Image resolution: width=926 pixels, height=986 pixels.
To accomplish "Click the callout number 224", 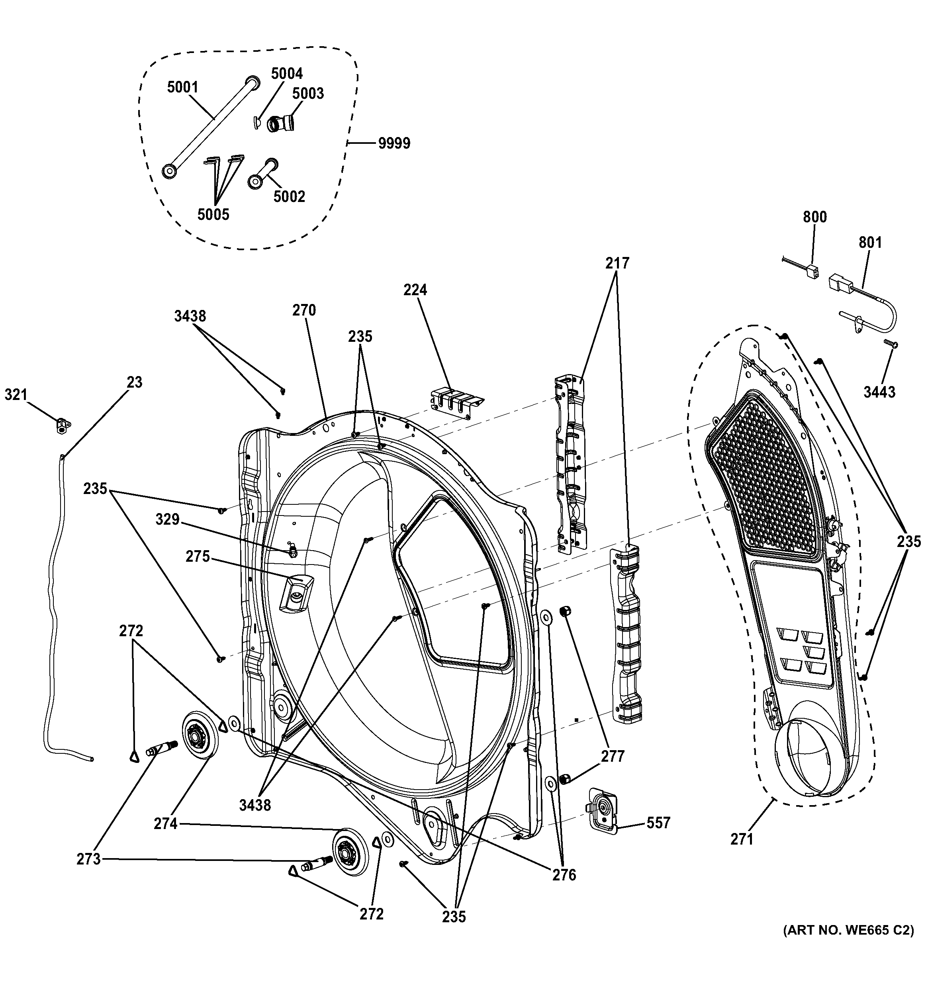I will pyautogui.click(x=415, y=290).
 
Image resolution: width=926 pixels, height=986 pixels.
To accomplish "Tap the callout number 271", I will pyautogui.click(x=742, y=839).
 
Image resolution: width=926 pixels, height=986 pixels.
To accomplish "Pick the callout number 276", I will pyautogui.click(x=564, y=875).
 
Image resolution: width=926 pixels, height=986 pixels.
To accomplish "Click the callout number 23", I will pyautogui.click(x=134, y=382).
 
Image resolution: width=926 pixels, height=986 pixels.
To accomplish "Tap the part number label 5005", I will pyautogui.click(x=213, y=214).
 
